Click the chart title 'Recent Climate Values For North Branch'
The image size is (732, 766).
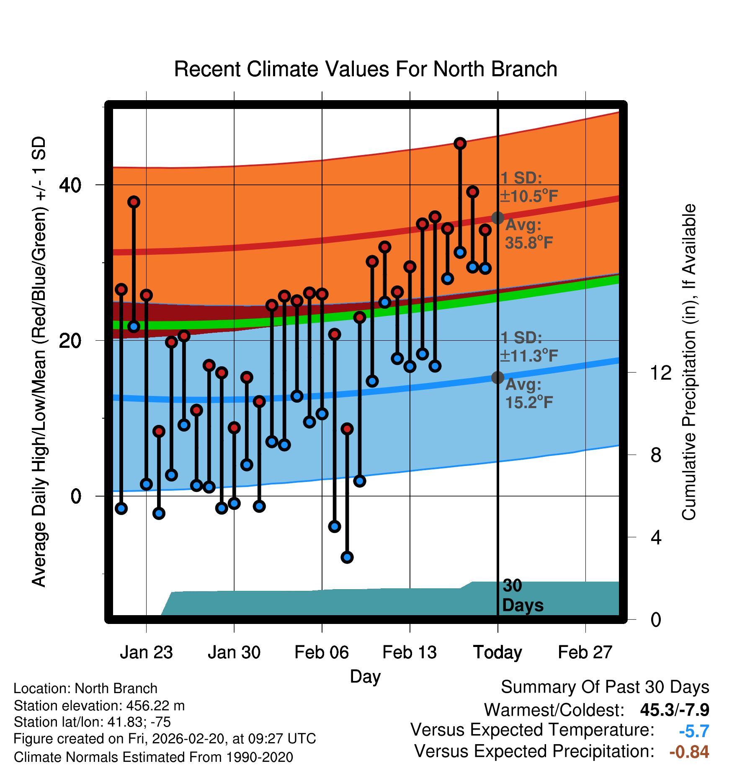pos(366,69)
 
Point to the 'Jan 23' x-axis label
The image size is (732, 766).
pos(146,652)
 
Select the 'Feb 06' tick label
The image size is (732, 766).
pos(322,652)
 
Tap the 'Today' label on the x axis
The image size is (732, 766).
pos(497,652)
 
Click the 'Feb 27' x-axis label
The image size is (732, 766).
pos(585,652)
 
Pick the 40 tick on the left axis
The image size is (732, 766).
pos(70,185)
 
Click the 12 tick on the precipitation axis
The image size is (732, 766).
pos(661,373)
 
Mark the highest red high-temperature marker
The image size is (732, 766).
pos(460,144)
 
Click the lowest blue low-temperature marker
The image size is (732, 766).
pos(347,557)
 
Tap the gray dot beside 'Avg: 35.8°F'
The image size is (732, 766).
pos(497,218)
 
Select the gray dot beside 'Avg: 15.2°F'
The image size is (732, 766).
pos(497,378)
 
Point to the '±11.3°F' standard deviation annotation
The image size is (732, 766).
pos(529,356)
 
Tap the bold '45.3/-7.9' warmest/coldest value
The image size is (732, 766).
pos(674,710)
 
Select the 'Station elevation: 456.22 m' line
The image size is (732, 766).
pos(99,706)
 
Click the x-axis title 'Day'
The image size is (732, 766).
pos(365,676)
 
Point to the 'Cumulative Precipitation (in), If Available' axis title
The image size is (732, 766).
pos(689,362)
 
